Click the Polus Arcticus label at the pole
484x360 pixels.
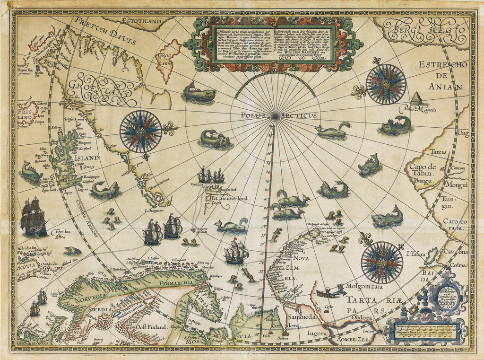273,115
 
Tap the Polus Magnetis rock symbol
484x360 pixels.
415,99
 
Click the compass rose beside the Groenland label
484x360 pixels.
141,131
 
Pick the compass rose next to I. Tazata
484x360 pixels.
381,262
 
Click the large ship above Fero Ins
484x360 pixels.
33,217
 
